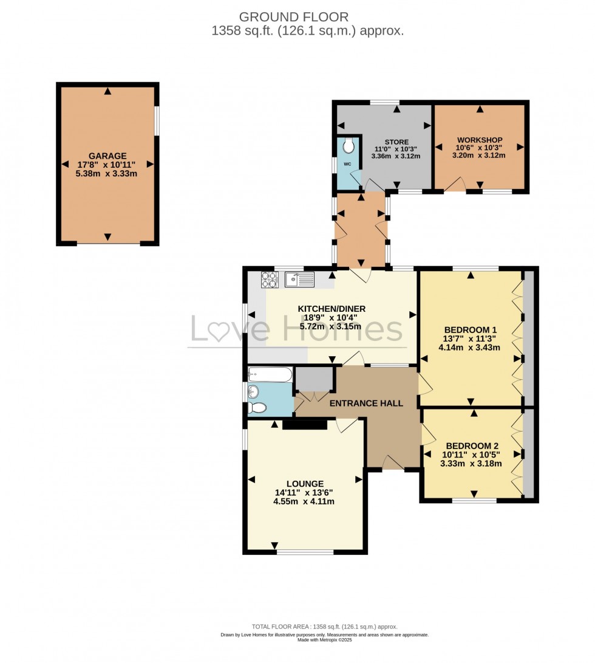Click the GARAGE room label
(x=107, y=156)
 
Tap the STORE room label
(x=396, y=142)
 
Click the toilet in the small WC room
(x=348, y=146)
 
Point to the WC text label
(x=347, y=164)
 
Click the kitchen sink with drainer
(x=299, y=280)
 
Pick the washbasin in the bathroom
(x=252, y=392)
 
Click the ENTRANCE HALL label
(x=366, y=403)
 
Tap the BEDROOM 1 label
(x=471, y=331)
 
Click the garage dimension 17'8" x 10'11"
(x=107, y=165)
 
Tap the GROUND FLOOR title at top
(x=293, y=16)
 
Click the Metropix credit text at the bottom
(x=325, y=639)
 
